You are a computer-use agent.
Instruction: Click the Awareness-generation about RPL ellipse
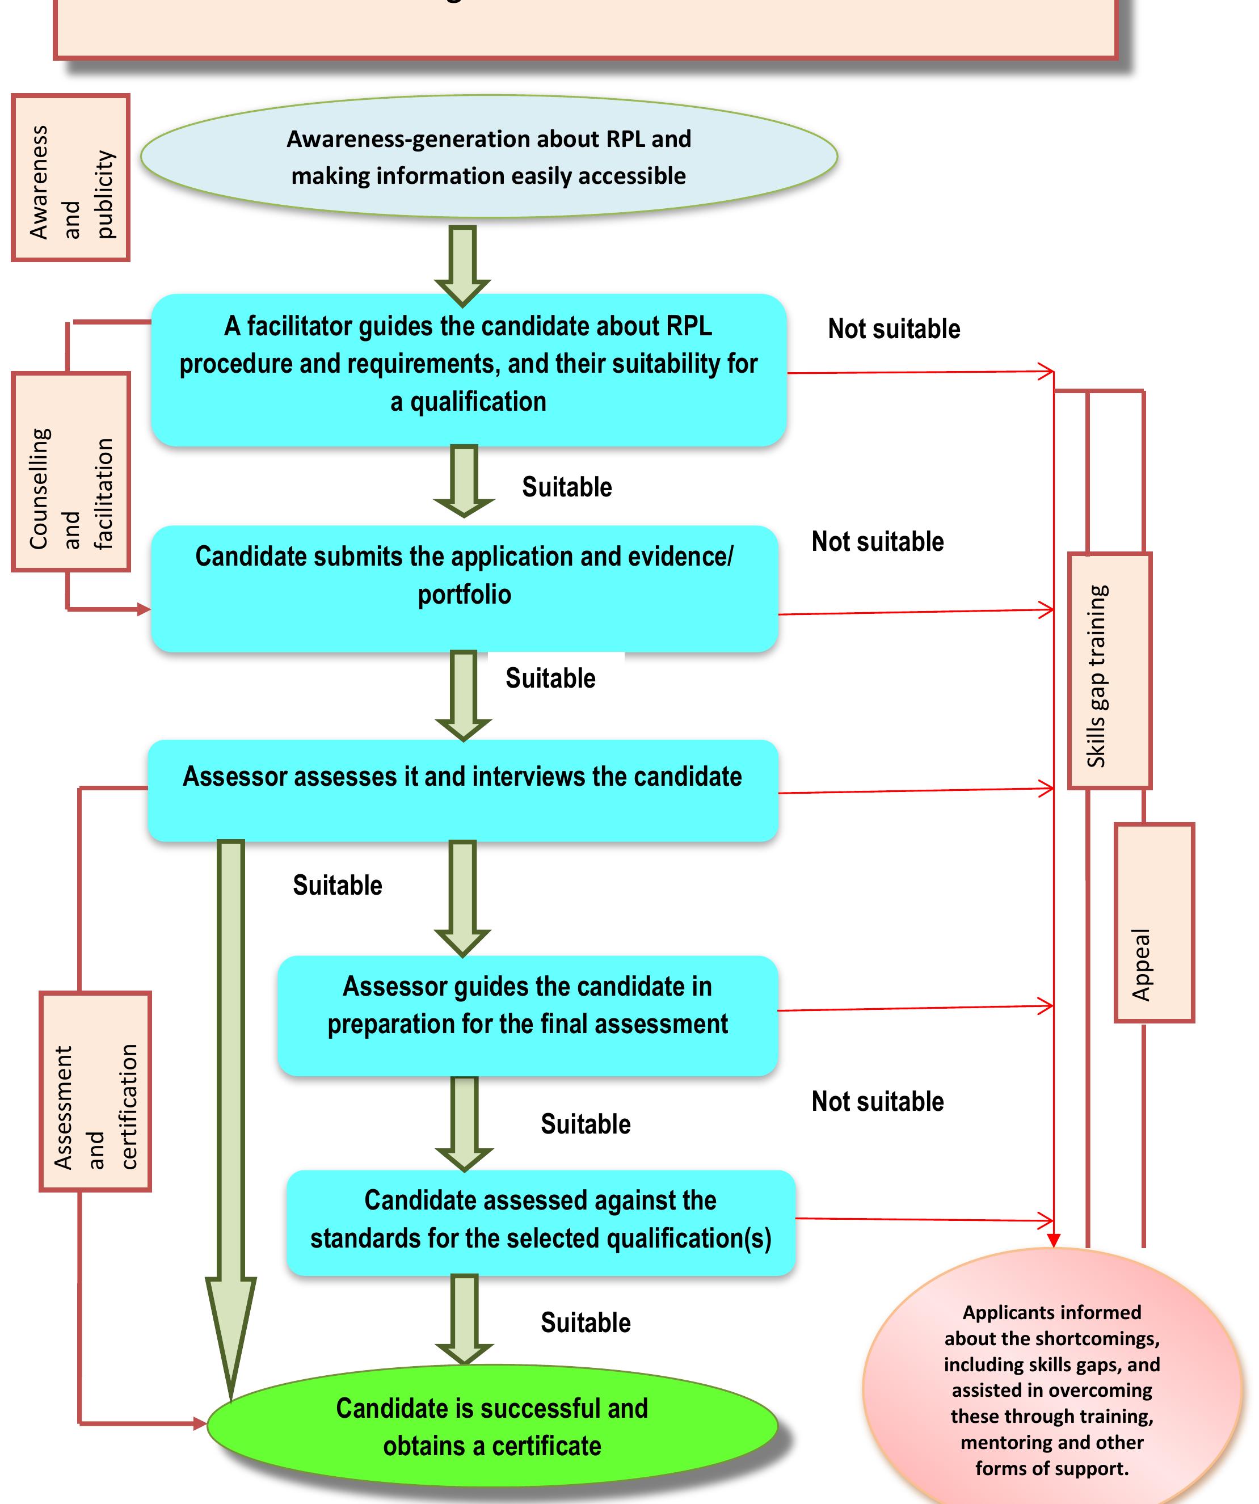click(489, 156)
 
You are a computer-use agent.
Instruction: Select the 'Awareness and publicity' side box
click(71, 178)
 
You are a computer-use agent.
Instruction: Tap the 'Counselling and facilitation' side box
click(71, 471)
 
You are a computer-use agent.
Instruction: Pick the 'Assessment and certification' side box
click(95, 1092)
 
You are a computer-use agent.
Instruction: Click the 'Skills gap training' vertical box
click(1109, 671)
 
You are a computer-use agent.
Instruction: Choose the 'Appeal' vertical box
click(1153, 922)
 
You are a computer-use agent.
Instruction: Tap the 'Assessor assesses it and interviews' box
click(462, 790)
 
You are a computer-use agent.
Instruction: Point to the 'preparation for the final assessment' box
click(527, 1016)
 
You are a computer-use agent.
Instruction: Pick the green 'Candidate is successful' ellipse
click(492, 1426)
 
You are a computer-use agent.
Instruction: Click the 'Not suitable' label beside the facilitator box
click(894, 328)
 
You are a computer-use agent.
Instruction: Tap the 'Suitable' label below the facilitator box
click(566, 487)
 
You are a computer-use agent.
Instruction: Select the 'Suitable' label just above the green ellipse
click(585, 1323)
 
